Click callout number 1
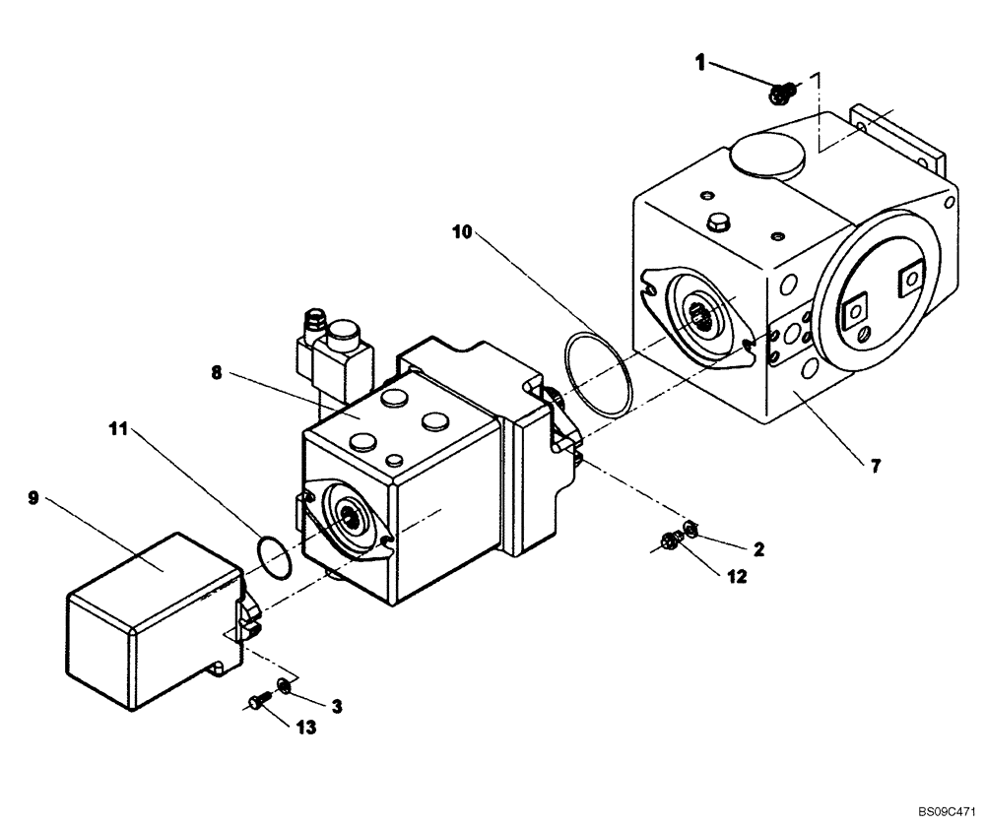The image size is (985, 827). click(x=700, y=63)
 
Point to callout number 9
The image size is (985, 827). click(x=33, y=498)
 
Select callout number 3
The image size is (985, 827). click(x=336, y=705)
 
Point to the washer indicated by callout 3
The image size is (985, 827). click(x=284, y=684)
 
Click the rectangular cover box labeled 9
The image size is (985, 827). click(x=148, y=620)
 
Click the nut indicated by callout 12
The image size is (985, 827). click(x=671, y=539)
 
